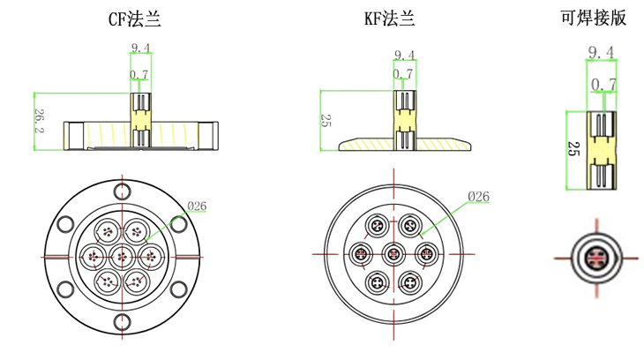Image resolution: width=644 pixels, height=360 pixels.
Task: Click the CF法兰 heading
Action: [x=135, y=19]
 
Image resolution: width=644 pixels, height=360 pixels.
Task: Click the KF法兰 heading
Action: [x=390, y=19]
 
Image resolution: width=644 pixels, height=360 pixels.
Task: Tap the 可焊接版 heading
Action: [x=594, y=18]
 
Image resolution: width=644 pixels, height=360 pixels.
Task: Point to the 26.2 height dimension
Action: [x=40, y=121]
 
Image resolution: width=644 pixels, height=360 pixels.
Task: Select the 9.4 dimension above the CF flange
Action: [x=140, y=48]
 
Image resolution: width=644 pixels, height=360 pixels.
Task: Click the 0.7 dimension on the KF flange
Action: [x=402, y=74]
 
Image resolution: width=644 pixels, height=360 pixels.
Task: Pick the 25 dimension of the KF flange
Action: [x=326, y=121]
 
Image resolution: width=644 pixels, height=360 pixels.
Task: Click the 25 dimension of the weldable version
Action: [x=573, y=148]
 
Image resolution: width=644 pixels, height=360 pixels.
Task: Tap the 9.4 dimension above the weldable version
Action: [x=601, y=52]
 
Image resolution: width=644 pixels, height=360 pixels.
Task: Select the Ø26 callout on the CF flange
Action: [x=197, y=206]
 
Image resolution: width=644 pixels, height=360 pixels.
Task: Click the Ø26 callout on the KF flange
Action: [x=478, y=197]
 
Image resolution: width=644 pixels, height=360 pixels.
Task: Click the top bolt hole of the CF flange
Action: [x=123, y=191]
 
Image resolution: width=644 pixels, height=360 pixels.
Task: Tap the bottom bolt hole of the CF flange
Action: [x=123, y=322]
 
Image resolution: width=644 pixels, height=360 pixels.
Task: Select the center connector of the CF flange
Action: [x=122, y=257]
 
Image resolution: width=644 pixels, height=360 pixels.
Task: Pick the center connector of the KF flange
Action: [x=393, y=254]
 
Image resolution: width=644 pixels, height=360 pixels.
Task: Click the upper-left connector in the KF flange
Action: [x=378, y=226]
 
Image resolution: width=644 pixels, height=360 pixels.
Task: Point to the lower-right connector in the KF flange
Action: [x=410, y=282]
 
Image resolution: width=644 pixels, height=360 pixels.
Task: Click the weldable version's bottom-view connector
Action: [x=596, y=258]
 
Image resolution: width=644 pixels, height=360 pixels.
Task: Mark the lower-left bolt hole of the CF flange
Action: [x=65, y=289]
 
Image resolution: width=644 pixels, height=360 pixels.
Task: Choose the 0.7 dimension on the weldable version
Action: [x=603, y=85]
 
